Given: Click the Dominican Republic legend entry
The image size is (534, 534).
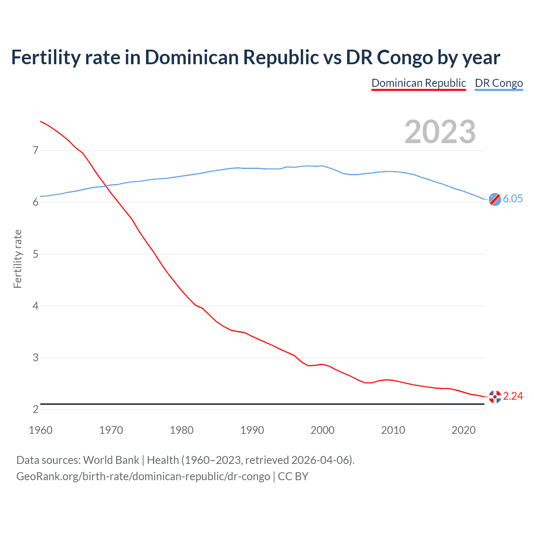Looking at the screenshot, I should tap(418, 83).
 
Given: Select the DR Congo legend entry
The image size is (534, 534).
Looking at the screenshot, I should tap(499, 83).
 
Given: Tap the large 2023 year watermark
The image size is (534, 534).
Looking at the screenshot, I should tap(440, 132).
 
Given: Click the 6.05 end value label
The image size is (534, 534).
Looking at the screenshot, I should tap(513, 199).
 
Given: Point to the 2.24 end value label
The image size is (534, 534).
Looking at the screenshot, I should tap(513, 396).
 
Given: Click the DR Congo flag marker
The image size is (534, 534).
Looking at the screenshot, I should tap(495, 199).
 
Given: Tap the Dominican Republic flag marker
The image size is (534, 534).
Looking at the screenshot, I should tap(495, 397).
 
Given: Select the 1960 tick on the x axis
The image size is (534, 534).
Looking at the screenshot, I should tap(40, 430).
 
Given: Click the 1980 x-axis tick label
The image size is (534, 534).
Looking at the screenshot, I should tap(181, 430).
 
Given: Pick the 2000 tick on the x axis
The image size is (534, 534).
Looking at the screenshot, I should tap(322, 430).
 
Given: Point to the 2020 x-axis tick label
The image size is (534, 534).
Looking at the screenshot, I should tap(463, 430).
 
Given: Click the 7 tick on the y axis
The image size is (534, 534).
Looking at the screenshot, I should tap(35, 150).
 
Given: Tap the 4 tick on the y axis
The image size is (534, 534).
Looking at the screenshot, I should tap(35, 306).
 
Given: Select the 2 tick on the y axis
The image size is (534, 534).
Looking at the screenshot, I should tap(35, 410).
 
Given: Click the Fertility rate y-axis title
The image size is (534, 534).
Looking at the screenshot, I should tap(18, 259).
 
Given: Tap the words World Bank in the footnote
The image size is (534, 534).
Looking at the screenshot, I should tap(111, 460).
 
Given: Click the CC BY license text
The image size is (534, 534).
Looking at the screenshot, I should tap(293, 476).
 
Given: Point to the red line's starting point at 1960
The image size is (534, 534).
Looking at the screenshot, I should tap(40, 121).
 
